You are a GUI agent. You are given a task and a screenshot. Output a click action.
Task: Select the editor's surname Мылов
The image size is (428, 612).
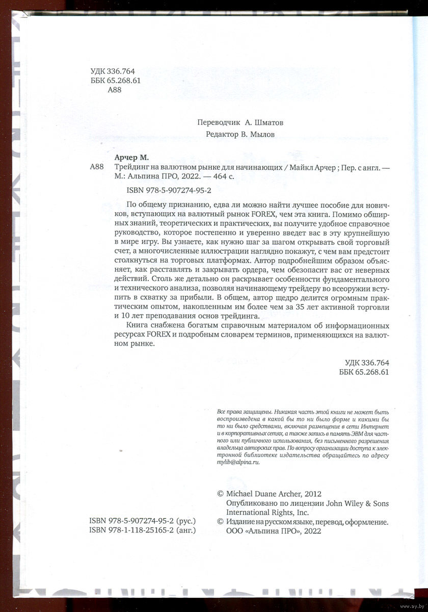pyautogui.click(x=264, y=135)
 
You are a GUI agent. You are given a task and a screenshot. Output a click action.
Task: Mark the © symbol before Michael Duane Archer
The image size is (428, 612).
pyautogui.click(x=220, y=494)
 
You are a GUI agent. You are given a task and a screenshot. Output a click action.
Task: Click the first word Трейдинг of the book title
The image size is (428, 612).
pyautogui.click(x=129, y=167)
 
